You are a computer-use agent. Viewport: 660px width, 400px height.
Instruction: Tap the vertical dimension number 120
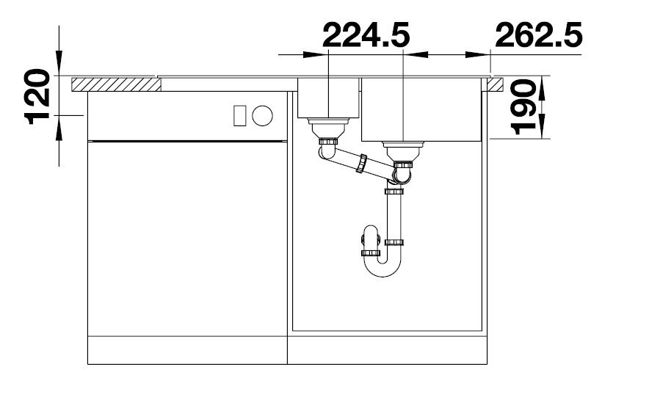tap(38, 97)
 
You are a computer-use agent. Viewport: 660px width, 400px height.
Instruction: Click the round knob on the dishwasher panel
tap(262, 115)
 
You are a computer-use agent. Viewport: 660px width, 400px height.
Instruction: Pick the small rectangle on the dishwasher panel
tap(239, 115)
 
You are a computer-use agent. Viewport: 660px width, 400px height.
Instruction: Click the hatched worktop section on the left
tap(116, 84)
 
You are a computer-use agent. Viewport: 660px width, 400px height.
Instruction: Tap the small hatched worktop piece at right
tap(495, 84)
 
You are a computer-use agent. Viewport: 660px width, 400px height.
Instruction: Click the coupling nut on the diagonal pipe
tap(361, 164)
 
